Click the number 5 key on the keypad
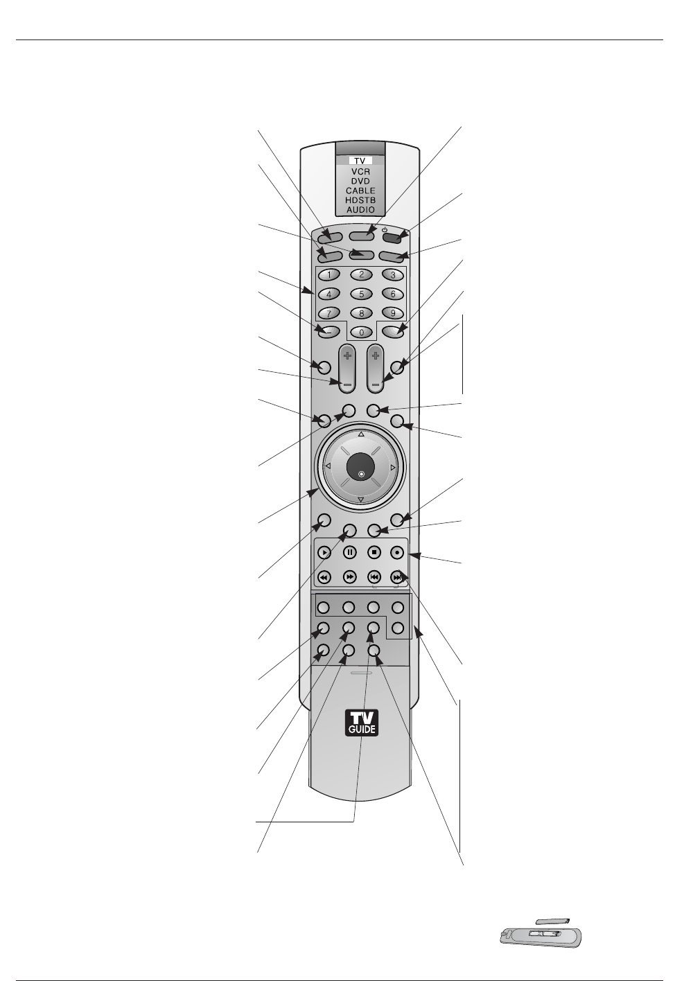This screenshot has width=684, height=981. coord(361,293)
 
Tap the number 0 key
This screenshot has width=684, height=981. coord(361,332)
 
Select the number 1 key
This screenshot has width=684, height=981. coord(329,274)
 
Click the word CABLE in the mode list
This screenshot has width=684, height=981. coord(360,191)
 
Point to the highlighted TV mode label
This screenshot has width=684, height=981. coord(360,161)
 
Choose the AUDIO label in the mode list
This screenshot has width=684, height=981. coord(360,209)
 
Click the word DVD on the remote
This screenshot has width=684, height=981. coord(360,181)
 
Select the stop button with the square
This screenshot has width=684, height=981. coord(374,552)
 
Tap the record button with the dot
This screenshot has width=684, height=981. coord(397,552)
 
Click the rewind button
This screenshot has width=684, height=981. coord(324,576)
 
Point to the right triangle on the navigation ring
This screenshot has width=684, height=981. coord(393,468)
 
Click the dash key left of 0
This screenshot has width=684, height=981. coord(329,330)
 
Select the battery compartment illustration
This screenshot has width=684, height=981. coord(541,935)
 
